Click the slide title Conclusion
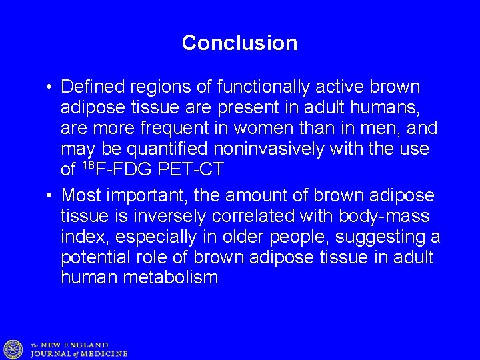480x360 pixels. pos(239,43)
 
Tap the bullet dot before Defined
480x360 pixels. pos(50,88)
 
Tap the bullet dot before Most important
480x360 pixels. pos(50,196)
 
